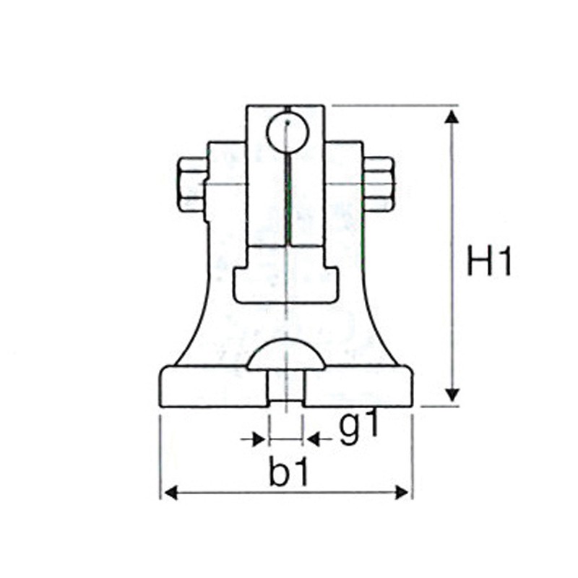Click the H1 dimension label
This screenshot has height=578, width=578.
490,261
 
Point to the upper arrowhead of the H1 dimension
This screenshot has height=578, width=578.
452,116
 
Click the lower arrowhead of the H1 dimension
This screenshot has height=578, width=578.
452,395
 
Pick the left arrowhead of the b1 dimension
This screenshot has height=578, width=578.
171,493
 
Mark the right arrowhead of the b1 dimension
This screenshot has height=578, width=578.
402,493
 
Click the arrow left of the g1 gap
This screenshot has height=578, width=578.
253,439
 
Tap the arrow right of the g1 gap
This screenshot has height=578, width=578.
319,439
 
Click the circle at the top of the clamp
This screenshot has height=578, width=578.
288,133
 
